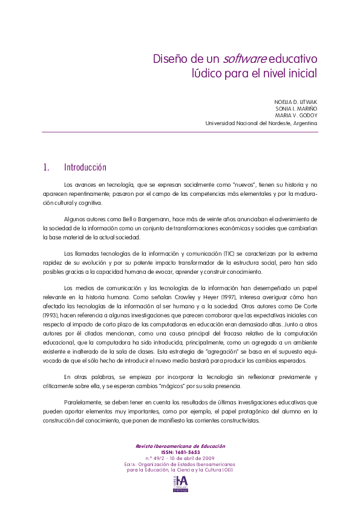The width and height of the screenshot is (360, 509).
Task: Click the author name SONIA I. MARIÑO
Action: pos(296,108)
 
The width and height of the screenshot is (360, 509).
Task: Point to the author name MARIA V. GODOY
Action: pos(296,115)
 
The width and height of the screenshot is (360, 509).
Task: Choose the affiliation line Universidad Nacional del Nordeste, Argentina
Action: pos(261,123)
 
